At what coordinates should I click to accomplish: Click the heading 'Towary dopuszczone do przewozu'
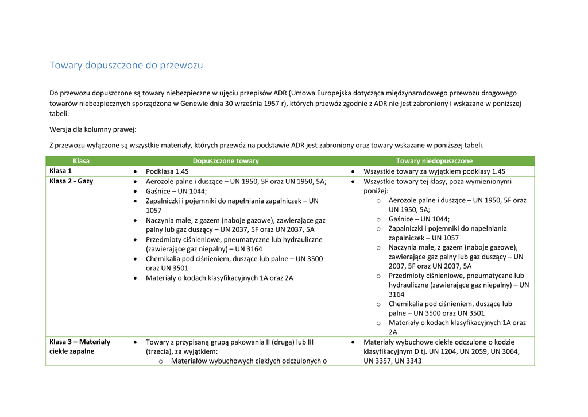click(x=126, y=65)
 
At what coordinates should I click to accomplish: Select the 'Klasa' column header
click(x=81, y=161)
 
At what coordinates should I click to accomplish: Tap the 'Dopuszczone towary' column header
click(x=226, y=161)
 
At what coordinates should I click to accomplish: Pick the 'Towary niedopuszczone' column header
click(x=434, y=161)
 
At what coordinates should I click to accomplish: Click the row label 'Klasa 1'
click(x=61, y=171)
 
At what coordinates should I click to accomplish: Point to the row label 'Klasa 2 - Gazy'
click(x=71, y=181)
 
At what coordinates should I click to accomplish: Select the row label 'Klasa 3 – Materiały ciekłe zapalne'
click(x=80, y=346)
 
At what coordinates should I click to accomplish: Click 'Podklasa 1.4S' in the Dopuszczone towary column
click(x=167, y=171)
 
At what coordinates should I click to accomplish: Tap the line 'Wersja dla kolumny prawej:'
click(x=93, y=129)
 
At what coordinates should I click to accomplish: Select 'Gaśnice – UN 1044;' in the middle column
click(x=176, y=191)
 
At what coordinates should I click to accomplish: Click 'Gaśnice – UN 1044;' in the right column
click(x=419, y=219)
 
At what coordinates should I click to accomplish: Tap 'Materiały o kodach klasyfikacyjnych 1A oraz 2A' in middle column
click(x=219, y=278)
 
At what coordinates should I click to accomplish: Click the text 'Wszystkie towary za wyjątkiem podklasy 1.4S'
click(x=434, y=171)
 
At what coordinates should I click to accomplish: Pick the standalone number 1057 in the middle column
click(x=154, y=211)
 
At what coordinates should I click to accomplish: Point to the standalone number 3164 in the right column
click(x=397, y=294)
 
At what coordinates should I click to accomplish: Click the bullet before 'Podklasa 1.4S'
click(x=134, y=172)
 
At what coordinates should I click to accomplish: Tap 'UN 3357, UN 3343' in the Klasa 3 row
click(x=392, y=361)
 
